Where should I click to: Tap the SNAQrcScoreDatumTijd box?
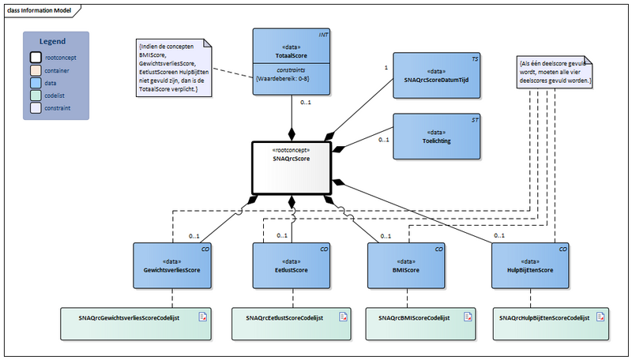436,75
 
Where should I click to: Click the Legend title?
55,41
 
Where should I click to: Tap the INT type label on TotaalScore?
323,35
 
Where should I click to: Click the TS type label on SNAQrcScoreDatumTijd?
474,58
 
